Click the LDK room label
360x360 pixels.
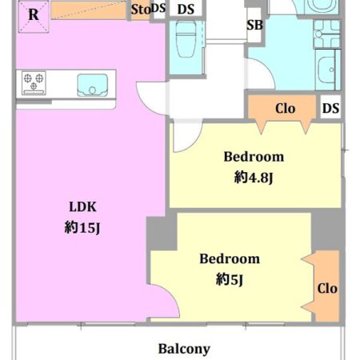[x=82, y=207]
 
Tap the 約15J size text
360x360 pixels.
[x=82, y=228]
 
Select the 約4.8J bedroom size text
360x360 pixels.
[x=254, y=178]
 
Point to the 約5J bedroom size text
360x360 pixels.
[x=230, y=279]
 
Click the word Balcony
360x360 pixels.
[x=184, y=349]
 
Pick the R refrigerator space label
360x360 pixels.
[x=34, y=14]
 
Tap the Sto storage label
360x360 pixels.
[x=141, y=10]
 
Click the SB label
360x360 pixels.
[x=254, y=25]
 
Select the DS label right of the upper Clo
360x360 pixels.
[x=330, y=108]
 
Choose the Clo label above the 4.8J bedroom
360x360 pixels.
[x=285, y=109]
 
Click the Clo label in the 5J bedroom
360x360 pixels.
[x=327, y=289]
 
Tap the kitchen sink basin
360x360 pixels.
[x=93, y=85]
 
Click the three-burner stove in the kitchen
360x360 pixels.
[x=34, y=83]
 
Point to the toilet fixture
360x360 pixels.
[x=186, y=39]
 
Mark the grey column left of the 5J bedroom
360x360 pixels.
[x=162, y=233]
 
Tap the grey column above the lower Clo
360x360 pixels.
[x=327, y=230]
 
